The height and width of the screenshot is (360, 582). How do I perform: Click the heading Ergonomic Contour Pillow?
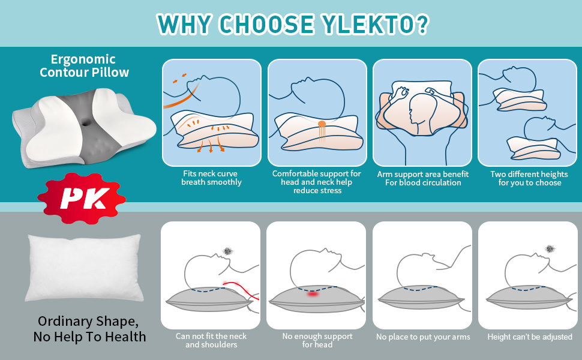pyautogui.click(x=84, y=66)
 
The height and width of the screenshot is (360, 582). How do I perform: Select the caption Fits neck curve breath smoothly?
pyautogui.click(x=211, y=178)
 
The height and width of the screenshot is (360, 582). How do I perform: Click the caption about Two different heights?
pyautogui.click(x=529, y=178)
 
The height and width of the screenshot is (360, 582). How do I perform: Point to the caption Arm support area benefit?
pyautogui.click(x=423, y=178)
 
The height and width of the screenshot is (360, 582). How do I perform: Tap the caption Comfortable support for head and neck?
pyautogui.click(x=317, y=182)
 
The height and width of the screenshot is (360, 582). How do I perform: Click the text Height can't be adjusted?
pyautogui.click(x=530, y=337)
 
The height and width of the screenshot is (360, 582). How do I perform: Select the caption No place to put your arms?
pyautogui.click(x=423, y=337)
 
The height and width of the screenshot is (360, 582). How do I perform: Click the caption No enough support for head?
pyautogui.click(x=317, y=340)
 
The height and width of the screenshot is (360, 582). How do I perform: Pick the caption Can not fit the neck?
pyautogui.click(x=211, y=340)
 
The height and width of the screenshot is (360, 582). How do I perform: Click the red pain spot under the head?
pyautogui.click(x=313, y=294)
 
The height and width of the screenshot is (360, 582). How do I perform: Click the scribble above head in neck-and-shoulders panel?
pyautogui.click(x=228, y=251)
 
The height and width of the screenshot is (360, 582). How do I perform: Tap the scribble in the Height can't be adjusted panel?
pyautogui.click(x=549, y=248)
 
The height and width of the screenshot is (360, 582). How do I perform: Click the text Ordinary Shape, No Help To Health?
pyautogui.click(x=89, y=328)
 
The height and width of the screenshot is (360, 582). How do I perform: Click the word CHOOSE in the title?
pyautogui.click(x=266, y=23)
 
